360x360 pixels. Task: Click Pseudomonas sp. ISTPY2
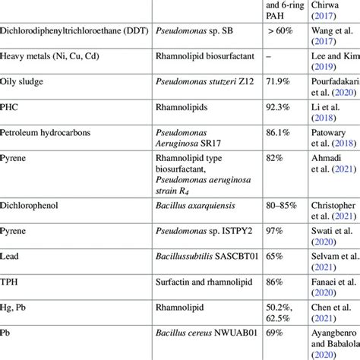tap(201, 229)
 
